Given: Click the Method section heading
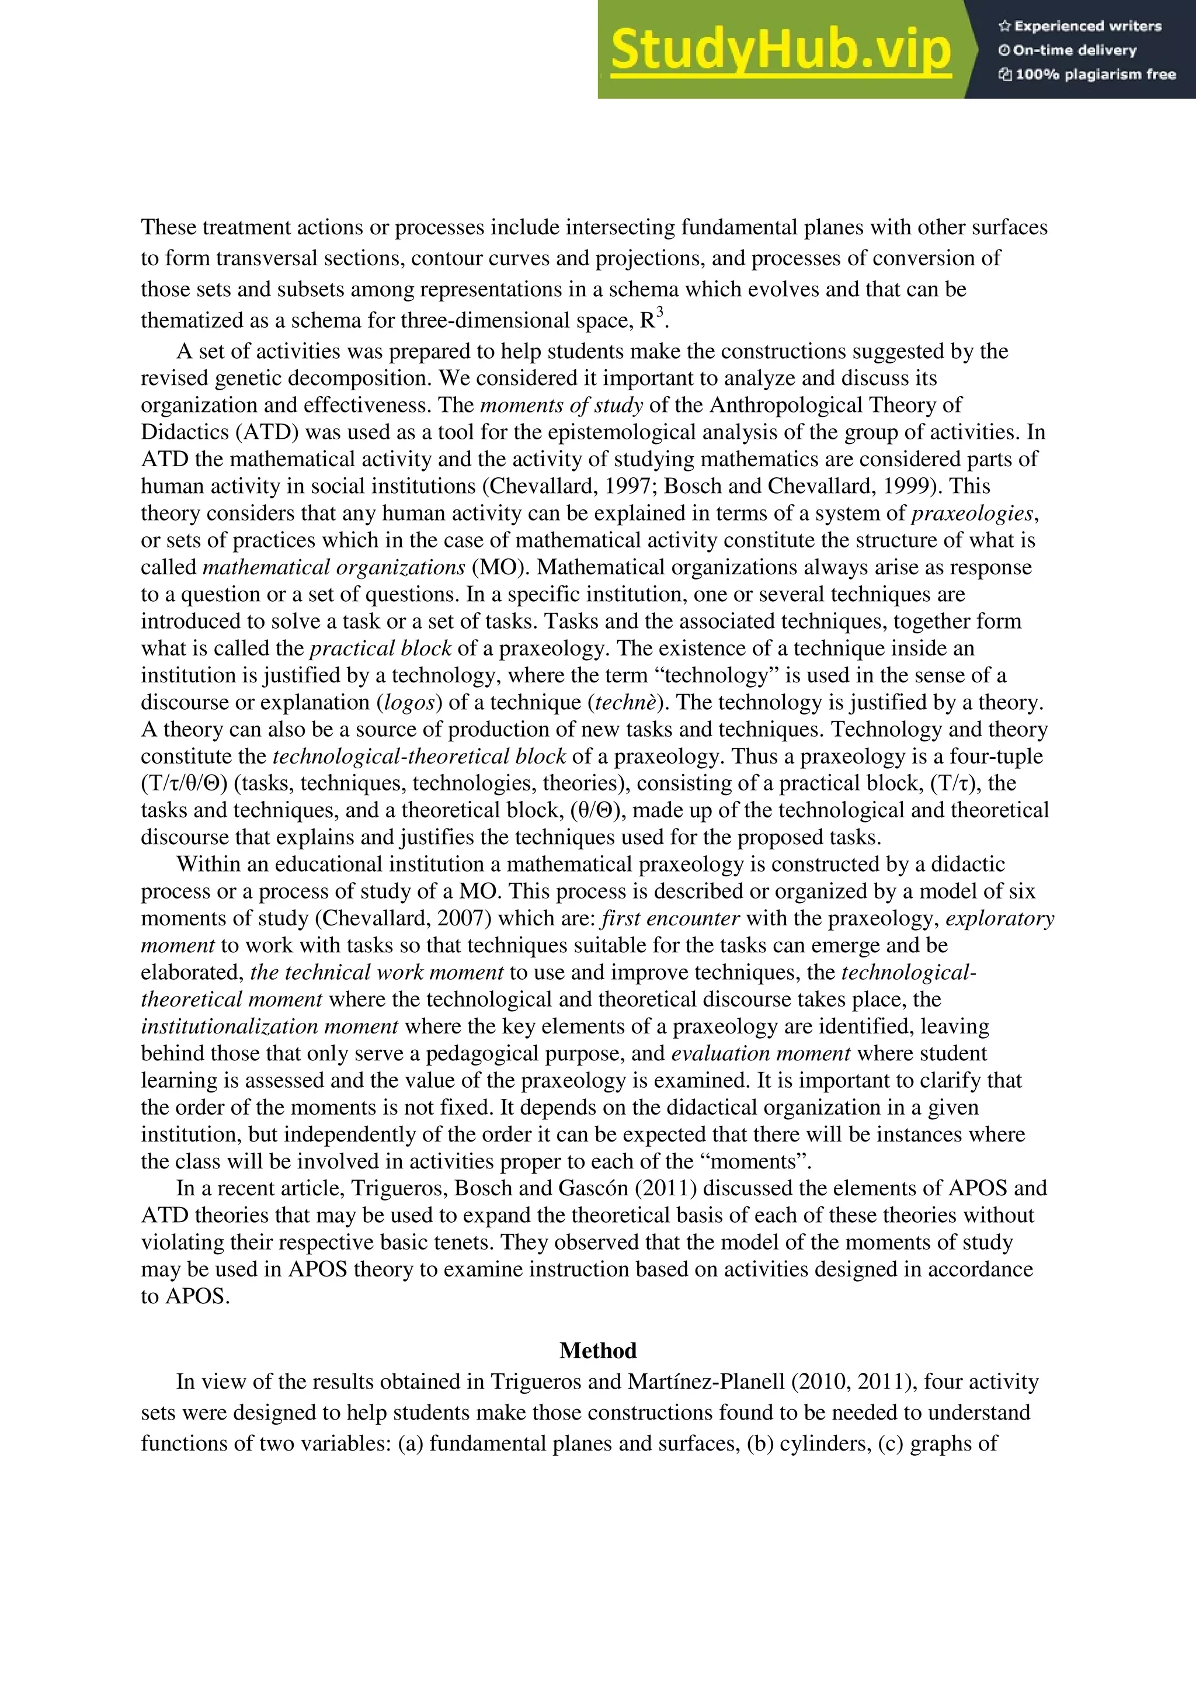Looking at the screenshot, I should click(597, 1351).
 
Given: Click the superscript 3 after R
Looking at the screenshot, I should click(660, 312).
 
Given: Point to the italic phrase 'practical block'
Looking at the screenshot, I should click(380, 648).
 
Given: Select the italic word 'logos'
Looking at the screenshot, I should click(409, 702).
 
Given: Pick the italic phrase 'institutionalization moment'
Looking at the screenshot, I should click(270, 1026).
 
